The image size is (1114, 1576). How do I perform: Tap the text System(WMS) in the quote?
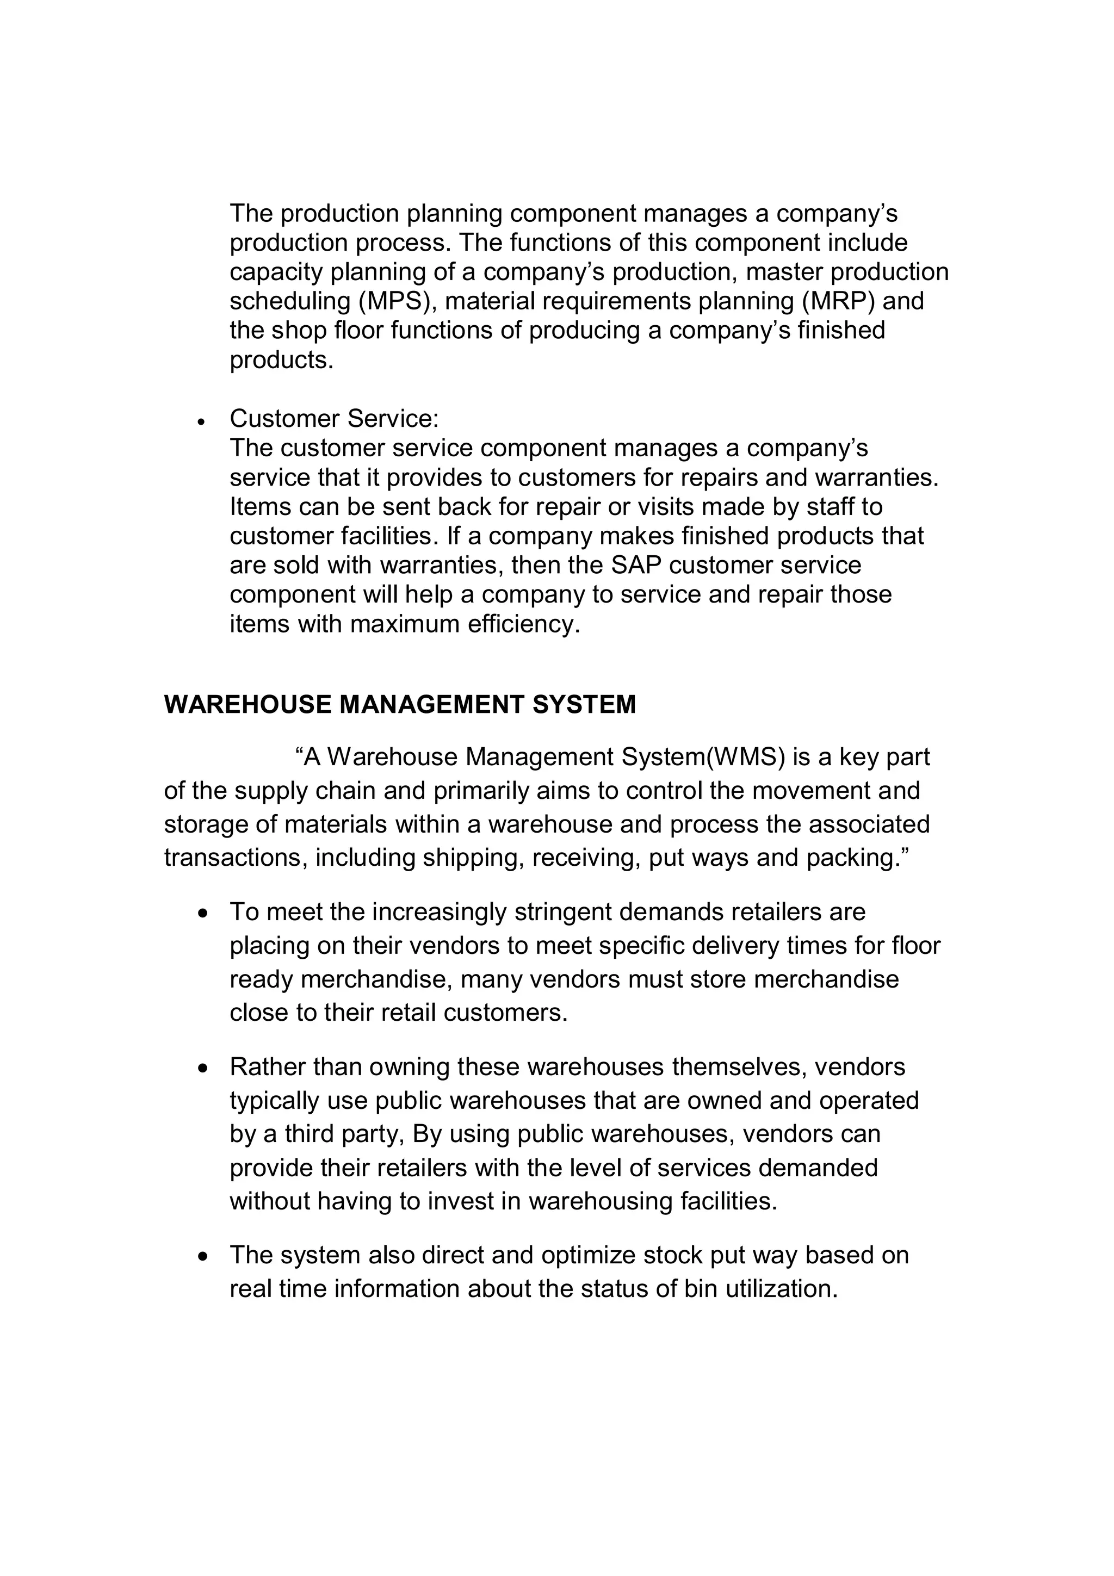tap(703, 757)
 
